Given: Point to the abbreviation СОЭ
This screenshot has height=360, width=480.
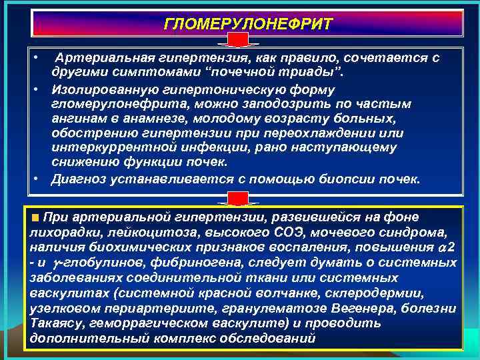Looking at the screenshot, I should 267,232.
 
